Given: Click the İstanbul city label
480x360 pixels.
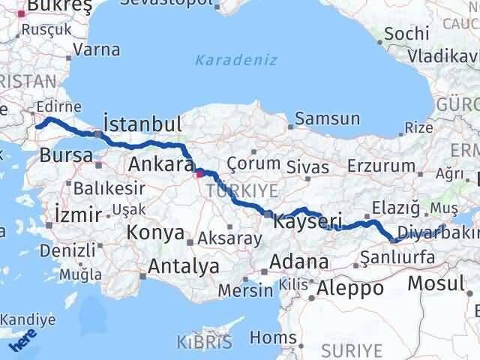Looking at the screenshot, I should pos(142,124).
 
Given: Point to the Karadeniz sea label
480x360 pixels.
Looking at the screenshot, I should pos(236,60).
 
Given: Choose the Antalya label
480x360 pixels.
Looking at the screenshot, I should pos(183,265).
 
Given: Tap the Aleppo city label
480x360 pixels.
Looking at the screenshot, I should pos(350,288).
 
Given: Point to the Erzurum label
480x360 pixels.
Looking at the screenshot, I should pos(387,166).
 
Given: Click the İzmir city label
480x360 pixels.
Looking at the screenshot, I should pos(78,215).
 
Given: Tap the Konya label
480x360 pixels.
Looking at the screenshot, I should pos(155,233).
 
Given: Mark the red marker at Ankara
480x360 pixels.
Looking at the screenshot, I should pos(199,174).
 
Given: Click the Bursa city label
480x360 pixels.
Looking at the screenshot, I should pos(67,157).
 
